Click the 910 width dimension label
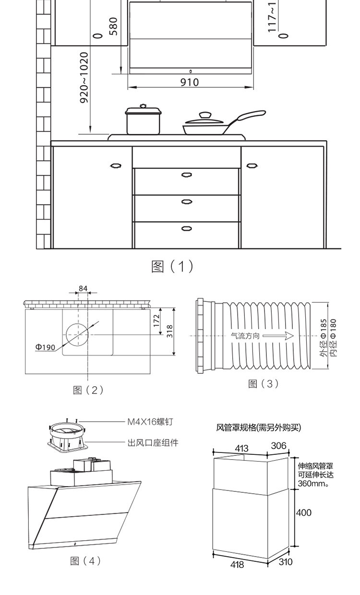[190, 82]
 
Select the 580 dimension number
[113, 26]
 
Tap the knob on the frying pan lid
[205, 115]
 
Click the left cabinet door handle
[116, 166]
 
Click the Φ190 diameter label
[45, 347]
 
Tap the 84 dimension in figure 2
[83, 288]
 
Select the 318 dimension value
[169, 331]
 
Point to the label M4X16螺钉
[150, 422]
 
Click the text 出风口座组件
[153, 443]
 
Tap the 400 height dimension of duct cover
[304, 512]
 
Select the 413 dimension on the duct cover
[242, 448]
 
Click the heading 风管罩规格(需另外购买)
[259, 427]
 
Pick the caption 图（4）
[85, 560]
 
